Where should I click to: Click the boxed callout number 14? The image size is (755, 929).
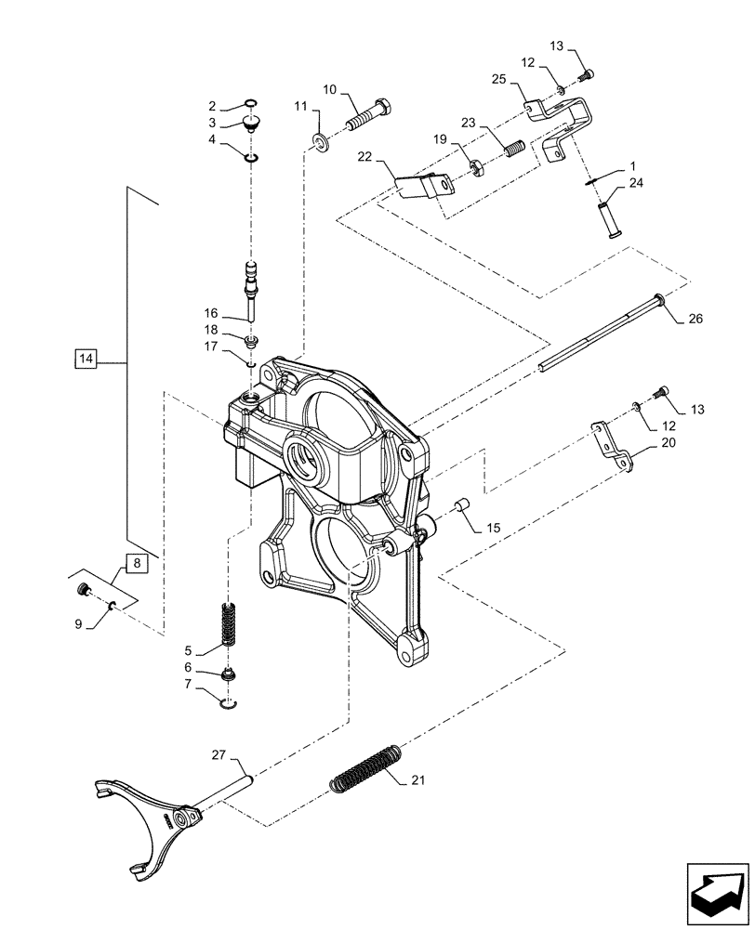click(86, 358)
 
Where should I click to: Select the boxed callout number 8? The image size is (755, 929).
click(134, 563)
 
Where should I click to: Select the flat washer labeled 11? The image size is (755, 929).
click(321, 142)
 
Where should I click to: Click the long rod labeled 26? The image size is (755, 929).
click(600, 336)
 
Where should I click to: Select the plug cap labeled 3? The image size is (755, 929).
click(250, 123)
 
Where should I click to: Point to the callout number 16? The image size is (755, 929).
click(211, 313)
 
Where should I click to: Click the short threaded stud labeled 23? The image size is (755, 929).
click(514, 148)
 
